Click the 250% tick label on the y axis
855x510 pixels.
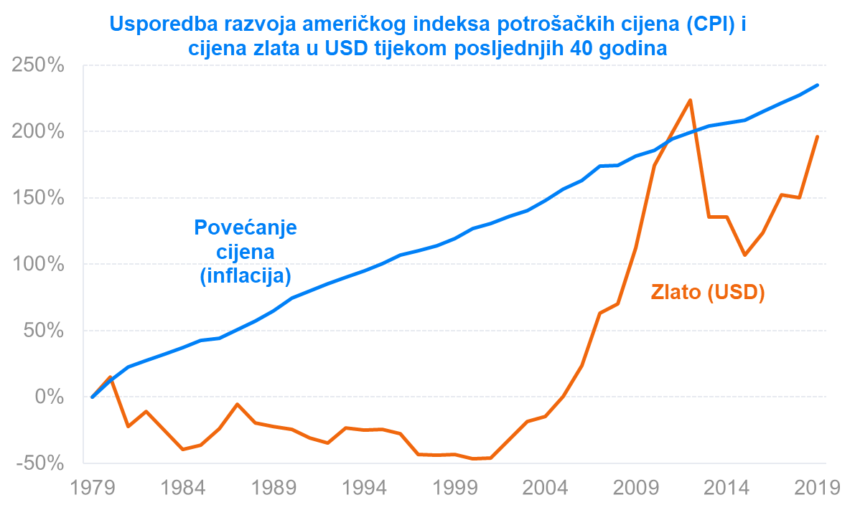pyautogui.click(x=37, y=66)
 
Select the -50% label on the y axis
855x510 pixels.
pyautogui.click(x=38, y=463)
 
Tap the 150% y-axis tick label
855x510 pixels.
pyautogui.click(x=37, y=199)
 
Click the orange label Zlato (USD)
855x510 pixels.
pyautogui.click(x=708, y=293)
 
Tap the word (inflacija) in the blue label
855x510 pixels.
pyautogui.click(x=246, y=275)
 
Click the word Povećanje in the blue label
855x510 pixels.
pyautogui.click(x=246, y=229)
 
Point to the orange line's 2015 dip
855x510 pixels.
pyautogui.click(x=745, y=255)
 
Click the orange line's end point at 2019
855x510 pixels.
pyautogui.click(x=818, y=136)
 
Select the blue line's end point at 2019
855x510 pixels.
pyautogui.click(x=818, y=85)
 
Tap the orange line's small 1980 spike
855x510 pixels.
pyautogui.click(x=111, y=377)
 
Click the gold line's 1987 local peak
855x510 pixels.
pyautogui.click(x=237, y=404)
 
